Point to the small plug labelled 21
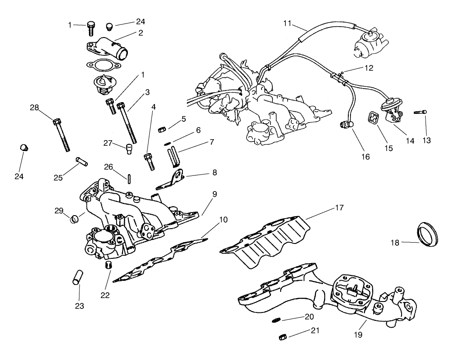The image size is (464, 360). coord(282,336)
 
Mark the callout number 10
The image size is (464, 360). coord(223,219)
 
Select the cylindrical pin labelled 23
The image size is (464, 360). coord(77,278)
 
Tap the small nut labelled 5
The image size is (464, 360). coord(161,129)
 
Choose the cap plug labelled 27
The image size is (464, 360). coord(129,149)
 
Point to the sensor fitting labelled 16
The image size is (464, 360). coord(347,125)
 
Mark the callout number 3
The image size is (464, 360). coord(148,92)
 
